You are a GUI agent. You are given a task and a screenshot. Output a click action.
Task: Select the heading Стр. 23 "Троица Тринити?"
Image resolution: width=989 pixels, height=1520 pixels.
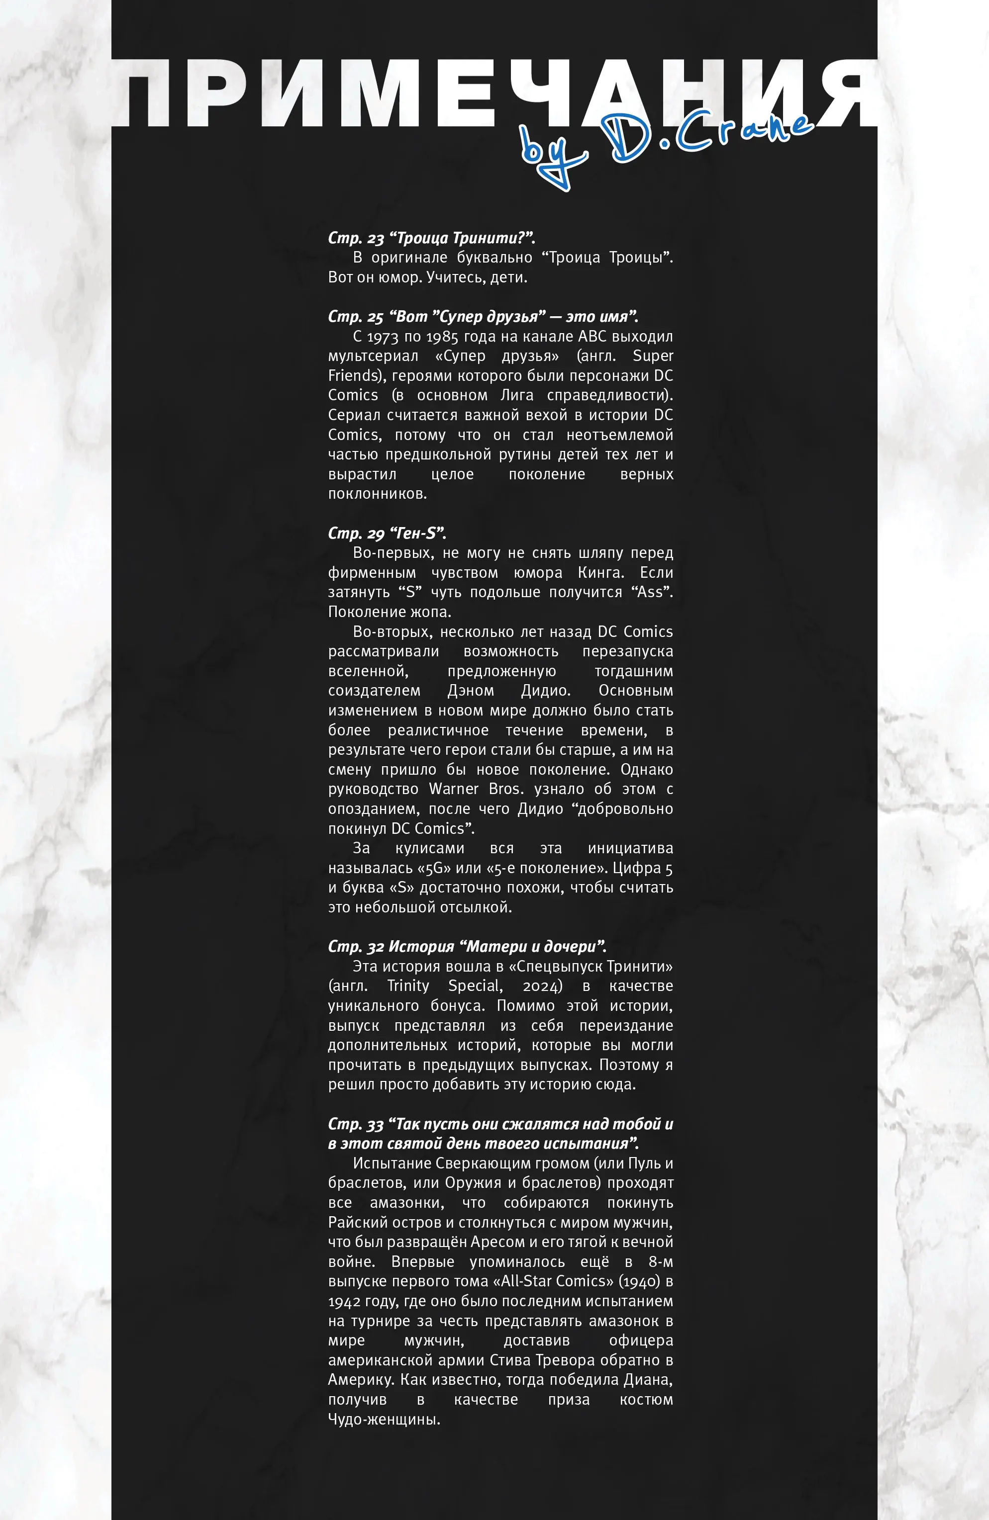(431, 238)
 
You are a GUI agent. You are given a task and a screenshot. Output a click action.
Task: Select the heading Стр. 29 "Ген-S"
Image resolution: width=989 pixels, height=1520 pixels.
(387, 534)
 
